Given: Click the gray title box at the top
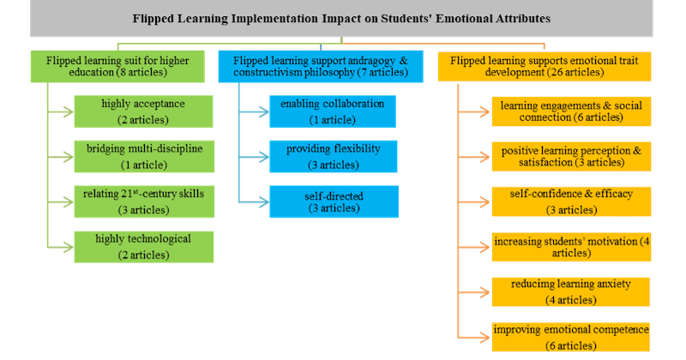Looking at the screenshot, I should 342,18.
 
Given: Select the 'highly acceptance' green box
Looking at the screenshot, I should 142,110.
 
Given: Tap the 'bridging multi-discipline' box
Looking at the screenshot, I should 142,154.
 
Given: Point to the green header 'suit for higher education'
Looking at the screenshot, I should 119,66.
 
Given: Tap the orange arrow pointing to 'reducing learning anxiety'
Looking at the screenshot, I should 472,291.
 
